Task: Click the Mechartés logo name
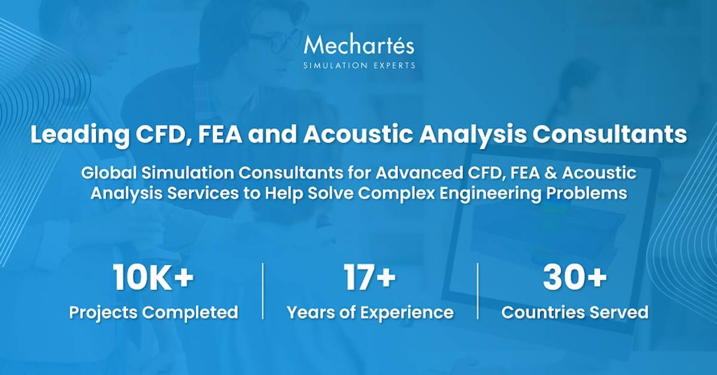[x=358, y=45]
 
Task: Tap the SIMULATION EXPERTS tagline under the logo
[x=358, y=65]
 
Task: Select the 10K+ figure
[x=154, y=278]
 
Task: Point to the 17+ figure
[x=369, y=278]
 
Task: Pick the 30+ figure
[x=575, y=278]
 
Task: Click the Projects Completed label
[x=154, y=312]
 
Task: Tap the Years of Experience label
[x=370, y=312]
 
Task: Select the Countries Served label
[x=575, y=312]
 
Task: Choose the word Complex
[x=431, y=193]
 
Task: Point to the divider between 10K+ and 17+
[x=263, y=291]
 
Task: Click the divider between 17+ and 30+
[x=478, y=291]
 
